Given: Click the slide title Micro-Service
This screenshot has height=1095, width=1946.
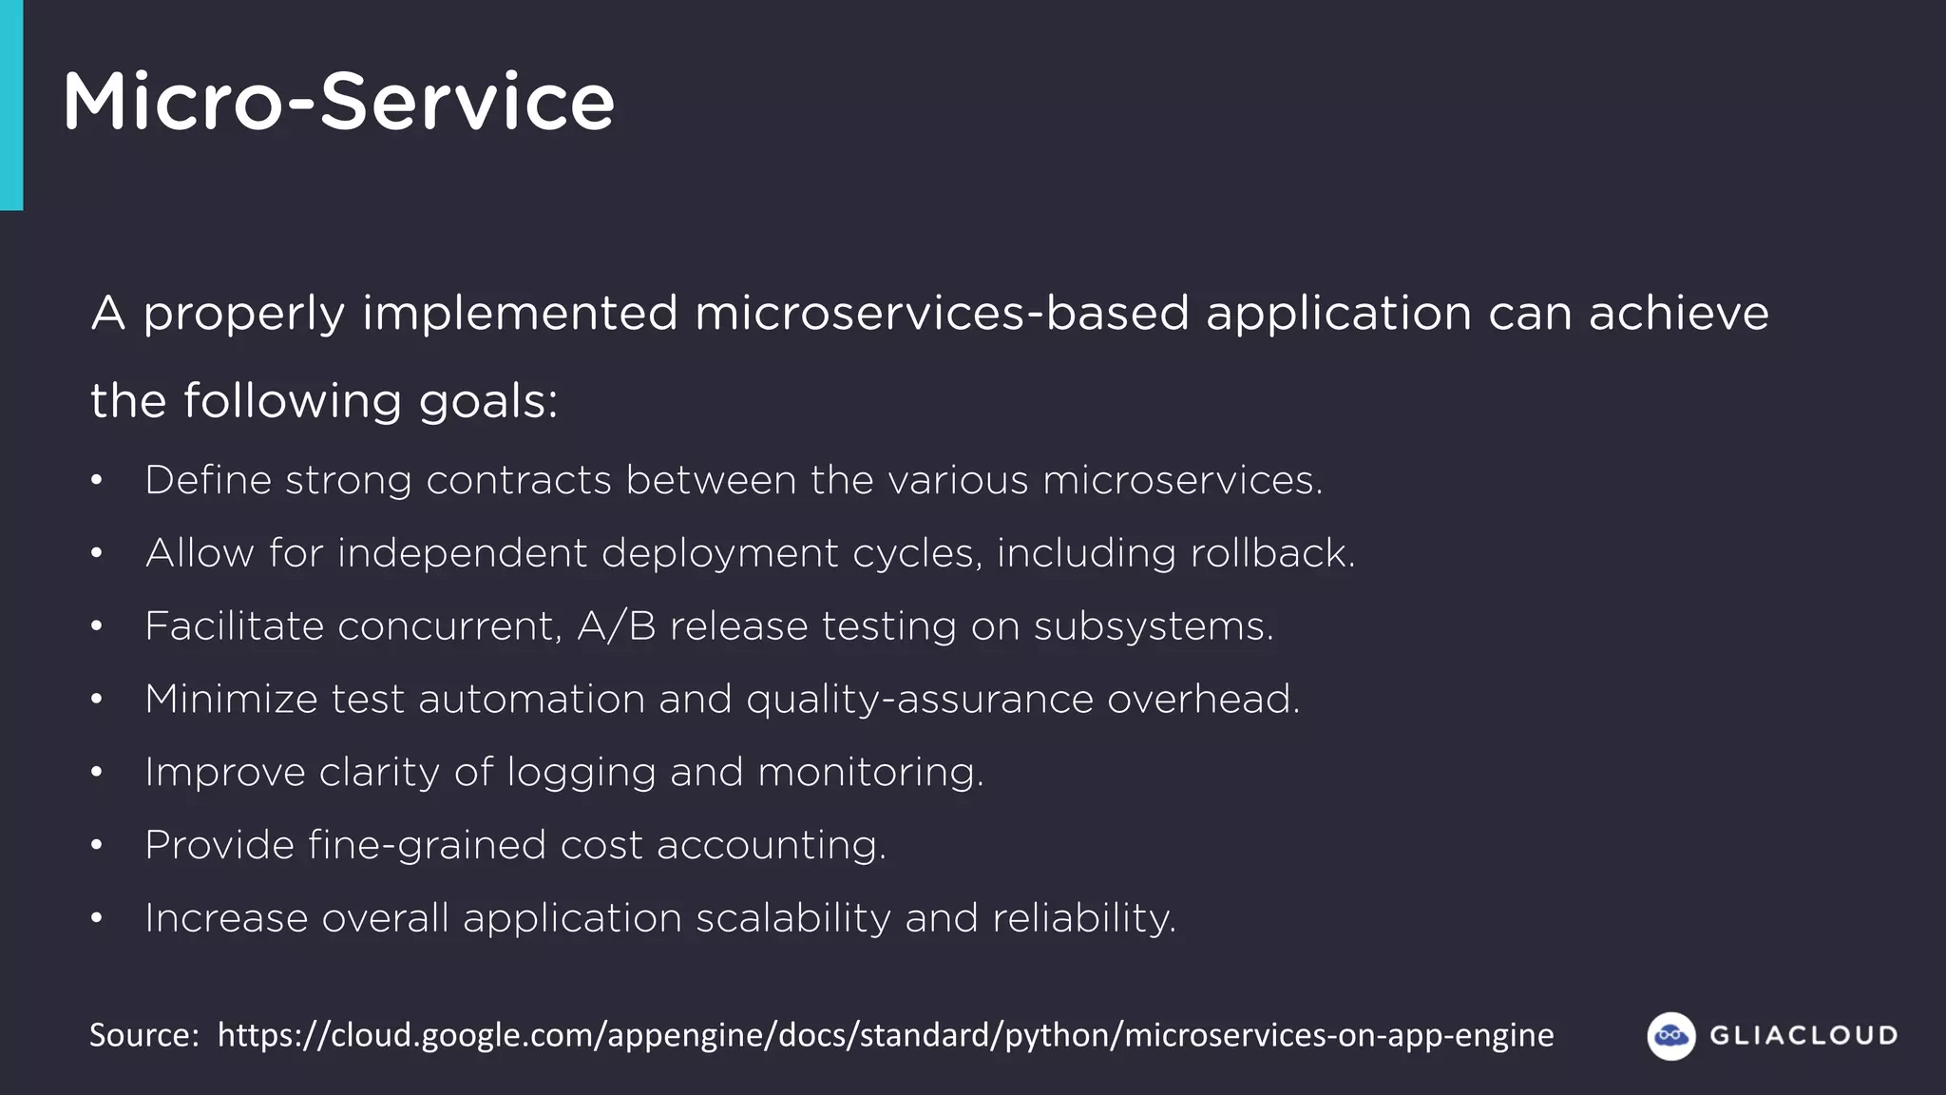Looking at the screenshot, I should [x=338, y=102].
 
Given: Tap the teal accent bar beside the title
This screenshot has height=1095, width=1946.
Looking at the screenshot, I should [x=11, y=105].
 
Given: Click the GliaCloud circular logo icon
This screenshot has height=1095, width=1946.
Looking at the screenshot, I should [x=1670, y=1035].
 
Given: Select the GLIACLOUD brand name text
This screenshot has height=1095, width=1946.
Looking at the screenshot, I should [x=1803, y=1035].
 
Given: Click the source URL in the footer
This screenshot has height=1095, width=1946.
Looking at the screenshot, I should [x=885, y=1035].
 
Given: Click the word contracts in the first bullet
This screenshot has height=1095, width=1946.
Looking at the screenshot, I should [x=518, y=480].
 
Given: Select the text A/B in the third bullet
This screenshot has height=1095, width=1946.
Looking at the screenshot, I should [x=616, y=626].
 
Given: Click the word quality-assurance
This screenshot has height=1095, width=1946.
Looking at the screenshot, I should [x=919, y=700].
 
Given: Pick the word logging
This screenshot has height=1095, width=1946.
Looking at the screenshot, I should [x=581, y=773].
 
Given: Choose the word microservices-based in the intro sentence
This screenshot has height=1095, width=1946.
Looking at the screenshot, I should [x=942, y=314].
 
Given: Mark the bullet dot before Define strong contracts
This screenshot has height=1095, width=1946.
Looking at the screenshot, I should [x=96, y=481].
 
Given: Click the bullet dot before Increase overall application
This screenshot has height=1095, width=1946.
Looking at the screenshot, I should [x=96, y=919].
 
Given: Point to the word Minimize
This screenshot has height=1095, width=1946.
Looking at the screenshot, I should [x=231, y=700].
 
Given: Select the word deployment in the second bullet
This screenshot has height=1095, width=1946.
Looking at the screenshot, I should [x=720, y=553].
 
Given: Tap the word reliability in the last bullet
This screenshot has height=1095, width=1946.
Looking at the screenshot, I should [x=1083, y=918].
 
